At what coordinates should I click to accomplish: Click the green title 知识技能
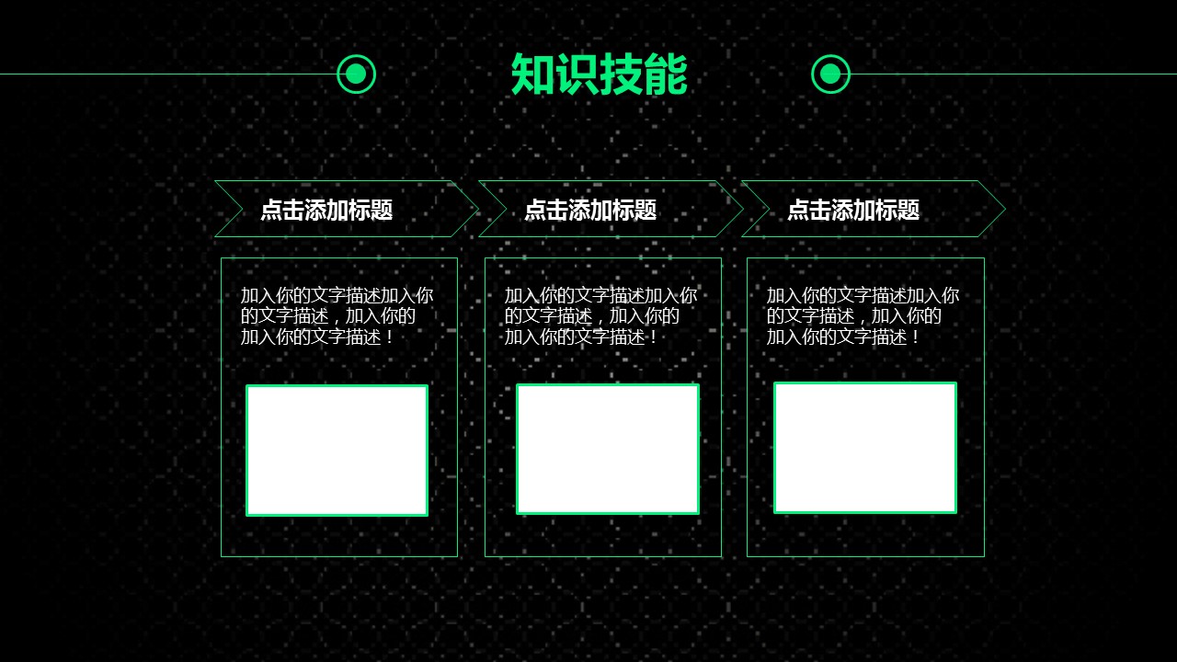(x=599, y=74)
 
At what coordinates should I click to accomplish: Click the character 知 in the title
(x=532, y=74)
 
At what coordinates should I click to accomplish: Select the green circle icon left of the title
(x=356, y=74)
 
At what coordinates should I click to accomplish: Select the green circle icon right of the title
(x=830, y=74)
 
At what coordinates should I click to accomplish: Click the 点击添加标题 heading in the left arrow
(x=326, y=209)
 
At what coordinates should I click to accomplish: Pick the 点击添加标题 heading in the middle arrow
(x=590, y=209)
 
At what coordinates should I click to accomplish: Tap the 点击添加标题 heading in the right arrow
(x=854, y=209)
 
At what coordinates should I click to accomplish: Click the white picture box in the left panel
(x=337, y=451)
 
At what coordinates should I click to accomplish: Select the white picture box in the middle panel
(x=608, y=449)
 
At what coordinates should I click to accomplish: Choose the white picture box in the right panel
(x=865, y=448)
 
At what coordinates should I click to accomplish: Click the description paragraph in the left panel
(x=337, y=316)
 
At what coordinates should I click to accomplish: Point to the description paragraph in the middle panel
(x=600, y=316)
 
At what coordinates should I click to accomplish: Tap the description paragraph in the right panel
(x=863, y=316)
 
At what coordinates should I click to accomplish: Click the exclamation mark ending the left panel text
(x=389, y=337)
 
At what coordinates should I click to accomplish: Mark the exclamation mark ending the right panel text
(x=915, y=337)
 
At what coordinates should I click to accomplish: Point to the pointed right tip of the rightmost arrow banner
(x=1005, y=209)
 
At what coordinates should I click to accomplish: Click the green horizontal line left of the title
(x=168, y=74)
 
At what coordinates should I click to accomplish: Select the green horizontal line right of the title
(x=1013, y=74)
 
